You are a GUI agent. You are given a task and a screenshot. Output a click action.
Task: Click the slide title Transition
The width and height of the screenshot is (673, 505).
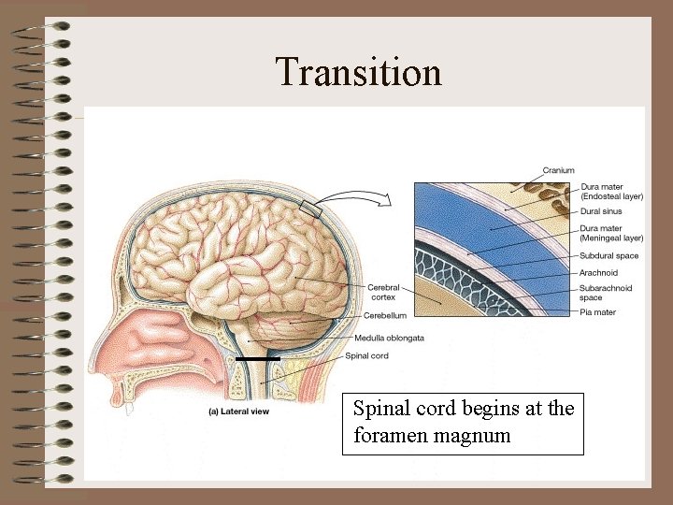[x=358, y=72]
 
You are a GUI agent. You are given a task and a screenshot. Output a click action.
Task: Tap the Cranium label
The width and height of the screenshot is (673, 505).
[x=559, y=171]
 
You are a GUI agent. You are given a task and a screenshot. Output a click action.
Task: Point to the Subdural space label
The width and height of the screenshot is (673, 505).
[x=609, y=255]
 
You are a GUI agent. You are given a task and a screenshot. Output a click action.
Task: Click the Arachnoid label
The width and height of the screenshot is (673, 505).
[x=600, y=272]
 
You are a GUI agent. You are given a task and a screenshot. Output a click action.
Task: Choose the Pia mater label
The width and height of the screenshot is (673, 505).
[x=597, y=312]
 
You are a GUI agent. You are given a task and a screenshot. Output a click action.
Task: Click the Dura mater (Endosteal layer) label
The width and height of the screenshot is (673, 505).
[x=611, y=193]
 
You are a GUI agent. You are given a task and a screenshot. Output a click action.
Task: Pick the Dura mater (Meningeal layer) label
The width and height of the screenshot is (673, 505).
[x=611, y=233]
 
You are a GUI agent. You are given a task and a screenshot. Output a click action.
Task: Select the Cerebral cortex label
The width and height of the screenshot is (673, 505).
[x=383, y=293]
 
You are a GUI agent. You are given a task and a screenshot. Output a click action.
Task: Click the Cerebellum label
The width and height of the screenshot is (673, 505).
[x=385, y=316]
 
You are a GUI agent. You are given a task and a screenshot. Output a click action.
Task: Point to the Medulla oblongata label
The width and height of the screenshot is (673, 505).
[x=390, y=338]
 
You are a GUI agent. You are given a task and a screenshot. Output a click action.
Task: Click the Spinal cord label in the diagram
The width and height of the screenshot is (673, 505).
[x=366, y=355]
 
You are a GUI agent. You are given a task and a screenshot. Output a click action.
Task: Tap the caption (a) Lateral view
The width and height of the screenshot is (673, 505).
[x=238, y=411]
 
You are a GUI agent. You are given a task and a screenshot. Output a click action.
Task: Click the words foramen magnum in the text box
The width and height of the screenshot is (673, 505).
[x=432, y=435]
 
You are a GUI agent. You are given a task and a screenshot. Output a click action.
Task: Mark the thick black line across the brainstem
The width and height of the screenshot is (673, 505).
[x=258, y=358]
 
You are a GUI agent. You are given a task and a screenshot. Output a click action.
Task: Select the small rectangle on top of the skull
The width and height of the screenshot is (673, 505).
[x=312, y=209]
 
